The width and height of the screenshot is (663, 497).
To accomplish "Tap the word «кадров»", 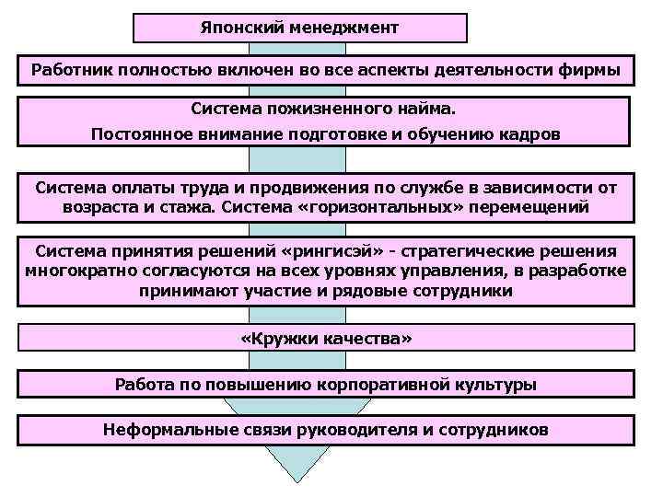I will pyautogui.click(x=527, y=134).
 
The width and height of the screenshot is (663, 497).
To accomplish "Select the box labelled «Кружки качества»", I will pyautogui.click(x=326, y=340).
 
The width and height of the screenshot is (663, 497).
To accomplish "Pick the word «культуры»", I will pyautogui.click(x=498, y=384).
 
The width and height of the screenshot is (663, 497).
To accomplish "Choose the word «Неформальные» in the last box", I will pyautogui.click(x=158, y=429).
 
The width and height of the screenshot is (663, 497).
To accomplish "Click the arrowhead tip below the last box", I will pyautogui.click(x=294, y=480).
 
